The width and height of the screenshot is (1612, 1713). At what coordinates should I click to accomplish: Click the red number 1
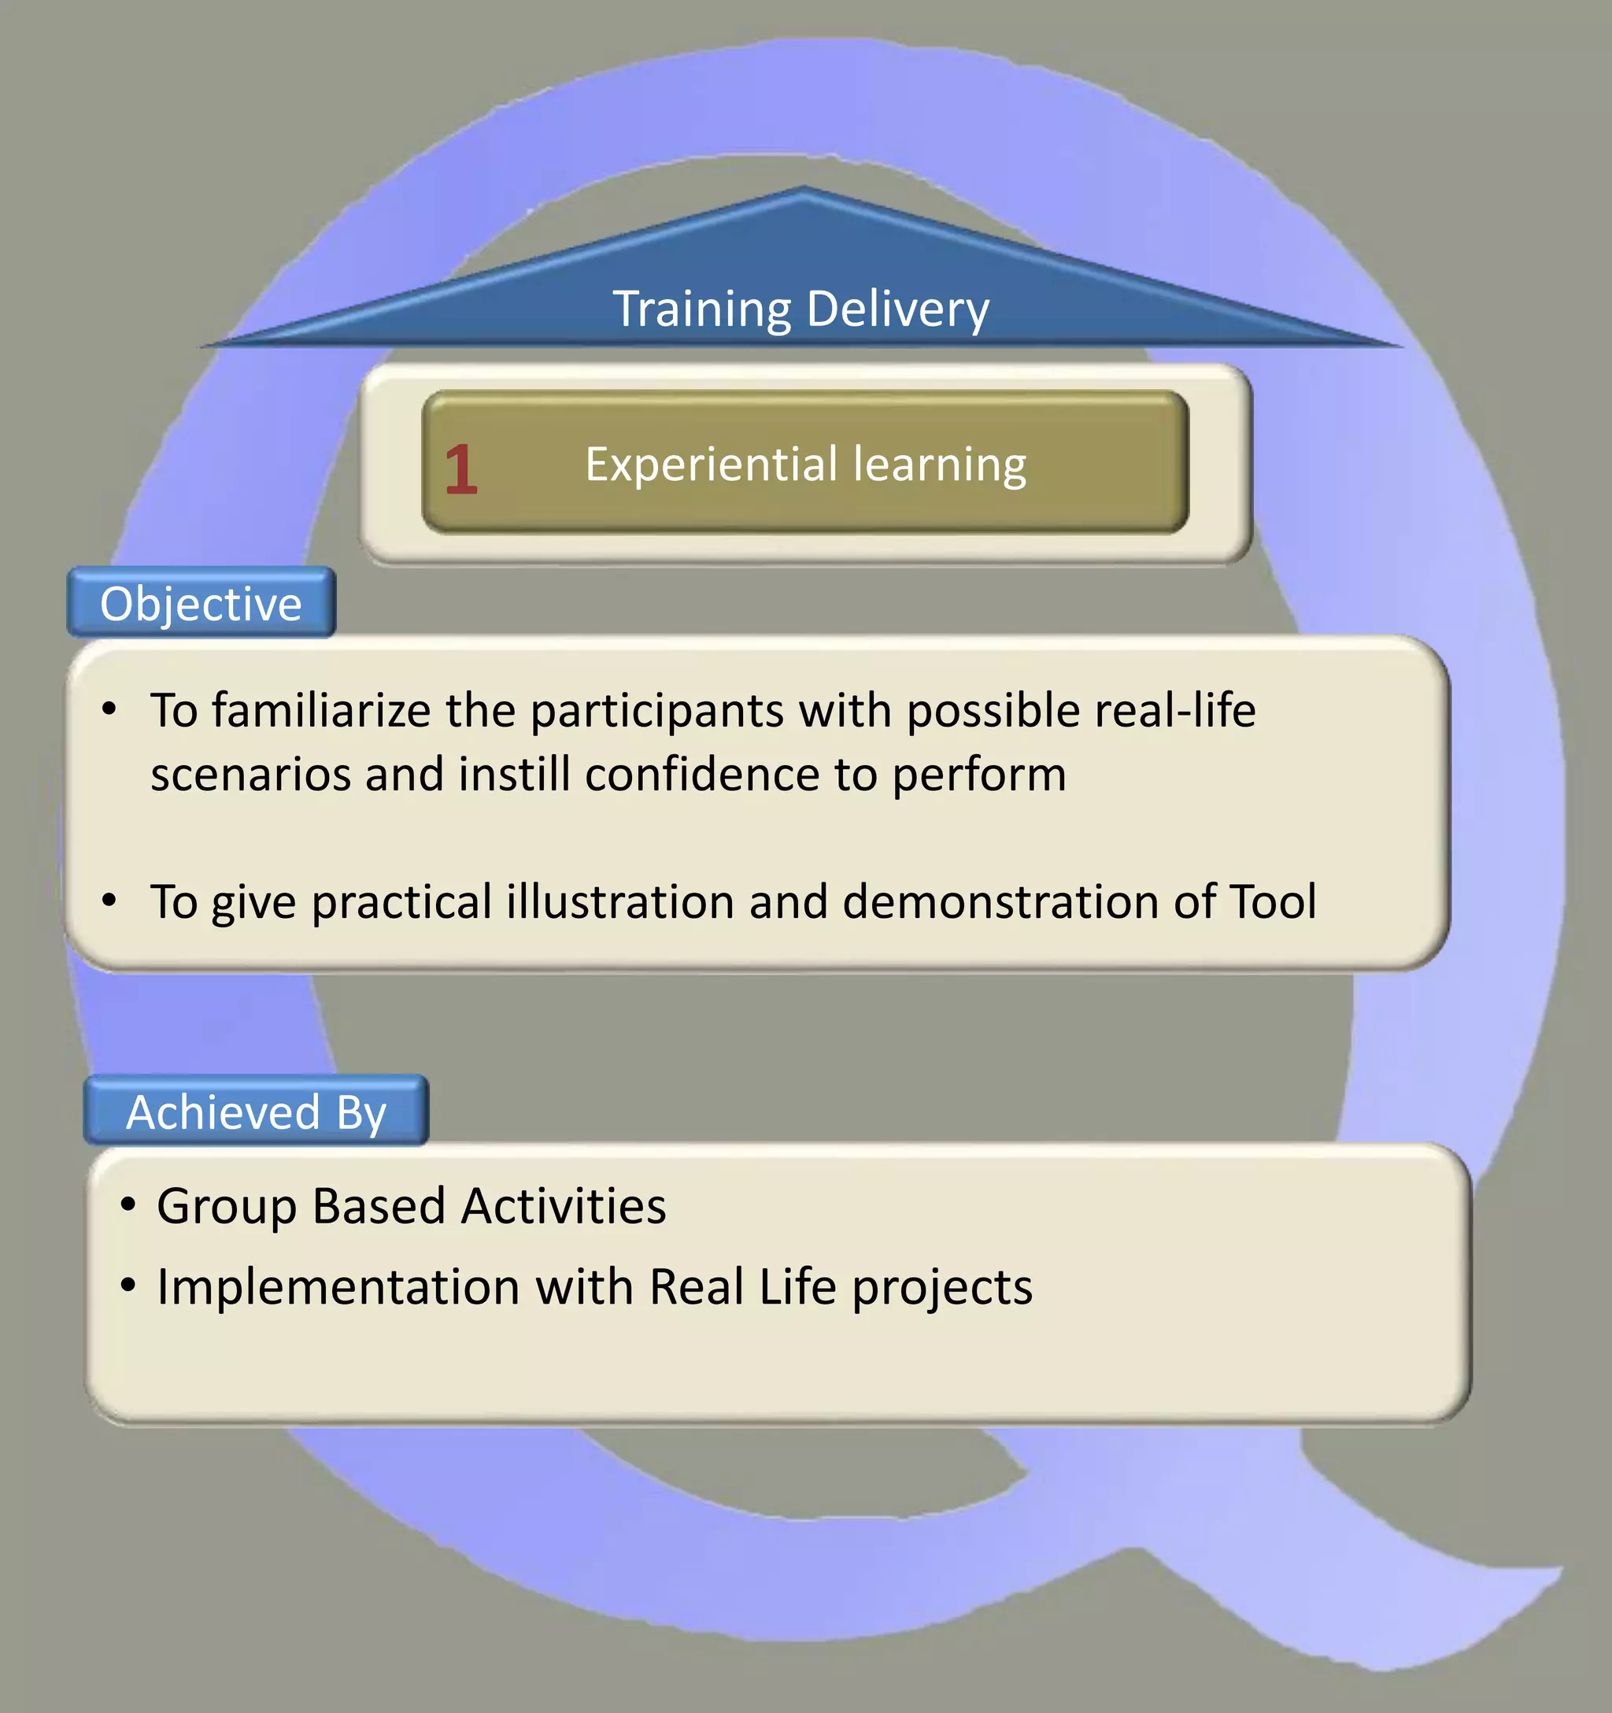(x=461, y=470)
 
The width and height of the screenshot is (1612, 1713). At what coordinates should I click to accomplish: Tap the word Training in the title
(x=701, y=309)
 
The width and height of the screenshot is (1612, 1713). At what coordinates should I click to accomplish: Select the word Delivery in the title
(x=898, y=309)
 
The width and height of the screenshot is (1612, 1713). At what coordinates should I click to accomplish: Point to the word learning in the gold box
(x=940, y=465)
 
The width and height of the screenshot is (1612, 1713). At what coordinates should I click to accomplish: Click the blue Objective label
(x=201, y=603)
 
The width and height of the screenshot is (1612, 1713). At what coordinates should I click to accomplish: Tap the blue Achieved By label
(x=256, y=1112)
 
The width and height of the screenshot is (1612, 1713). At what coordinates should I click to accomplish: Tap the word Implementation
(x=338, y=1287)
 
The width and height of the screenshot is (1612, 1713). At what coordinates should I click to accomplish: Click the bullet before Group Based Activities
(x=128, y=1204)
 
